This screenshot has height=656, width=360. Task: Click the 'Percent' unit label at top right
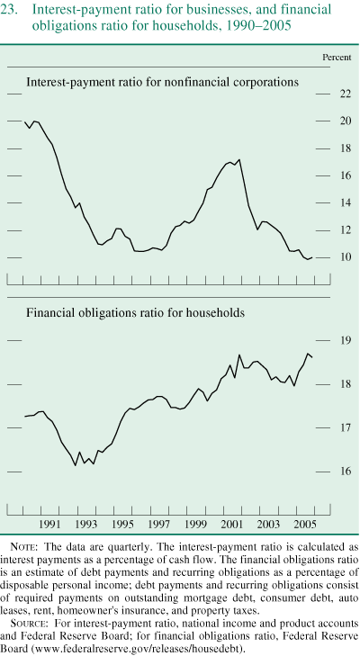[337, 58]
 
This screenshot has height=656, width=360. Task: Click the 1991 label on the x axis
[50, 525]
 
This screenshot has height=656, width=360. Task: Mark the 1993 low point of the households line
[75, 466]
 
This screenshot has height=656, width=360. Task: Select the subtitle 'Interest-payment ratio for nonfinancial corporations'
[162, 82]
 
